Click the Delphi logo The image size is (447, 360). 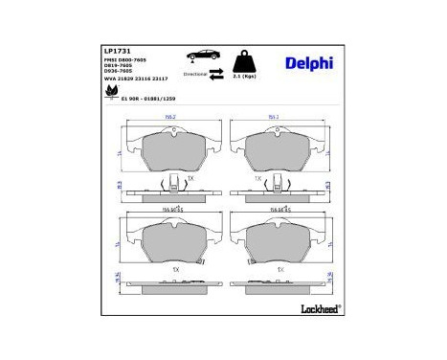click(308, 63)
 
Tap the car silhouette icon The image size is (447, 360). click(207, 55)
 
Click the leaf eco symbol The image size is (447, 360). click(112, 93)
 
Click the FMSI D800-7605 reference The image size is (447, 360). click(123, 59)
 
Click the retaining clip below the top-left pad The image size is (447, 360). click(171, 185)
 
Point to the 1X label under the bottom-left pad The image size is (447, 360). click(175, 270)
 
